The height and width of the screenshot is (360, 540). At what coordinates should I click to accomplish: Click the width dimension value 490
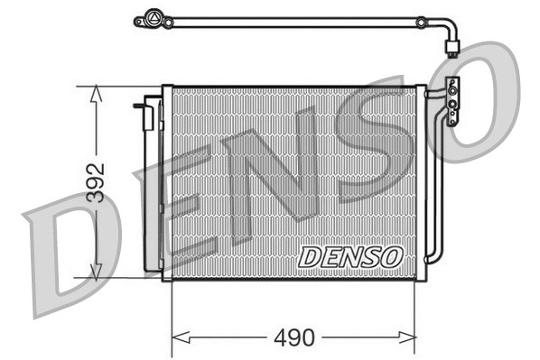tap(293, 338)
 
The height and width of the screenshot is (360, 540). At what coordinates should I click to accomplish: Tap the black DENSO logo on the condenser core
tap(349, 256)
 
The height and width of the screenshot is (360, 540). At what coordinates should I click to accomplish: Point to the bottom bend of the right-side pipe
tap(438, 257)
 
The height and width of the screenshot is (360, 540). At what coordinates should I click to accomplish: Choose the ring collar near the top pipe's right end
tap(420, 19)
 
